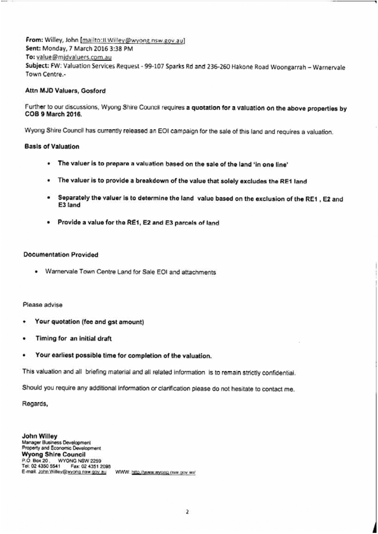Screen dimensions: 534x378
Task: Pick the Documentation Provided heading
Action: [60, 255]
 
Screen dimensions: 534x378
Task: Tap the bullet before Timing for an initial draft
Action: [25, 339]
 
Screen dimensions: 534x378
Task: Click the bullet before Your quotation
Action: [25, 322]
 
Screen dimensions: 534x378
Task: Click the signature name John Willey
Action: [39, 436]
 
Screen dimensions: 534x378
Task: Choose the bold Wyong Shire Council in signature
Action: [53, 454]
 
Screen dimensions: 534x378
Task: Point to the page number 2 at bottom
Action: [187, 512]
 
